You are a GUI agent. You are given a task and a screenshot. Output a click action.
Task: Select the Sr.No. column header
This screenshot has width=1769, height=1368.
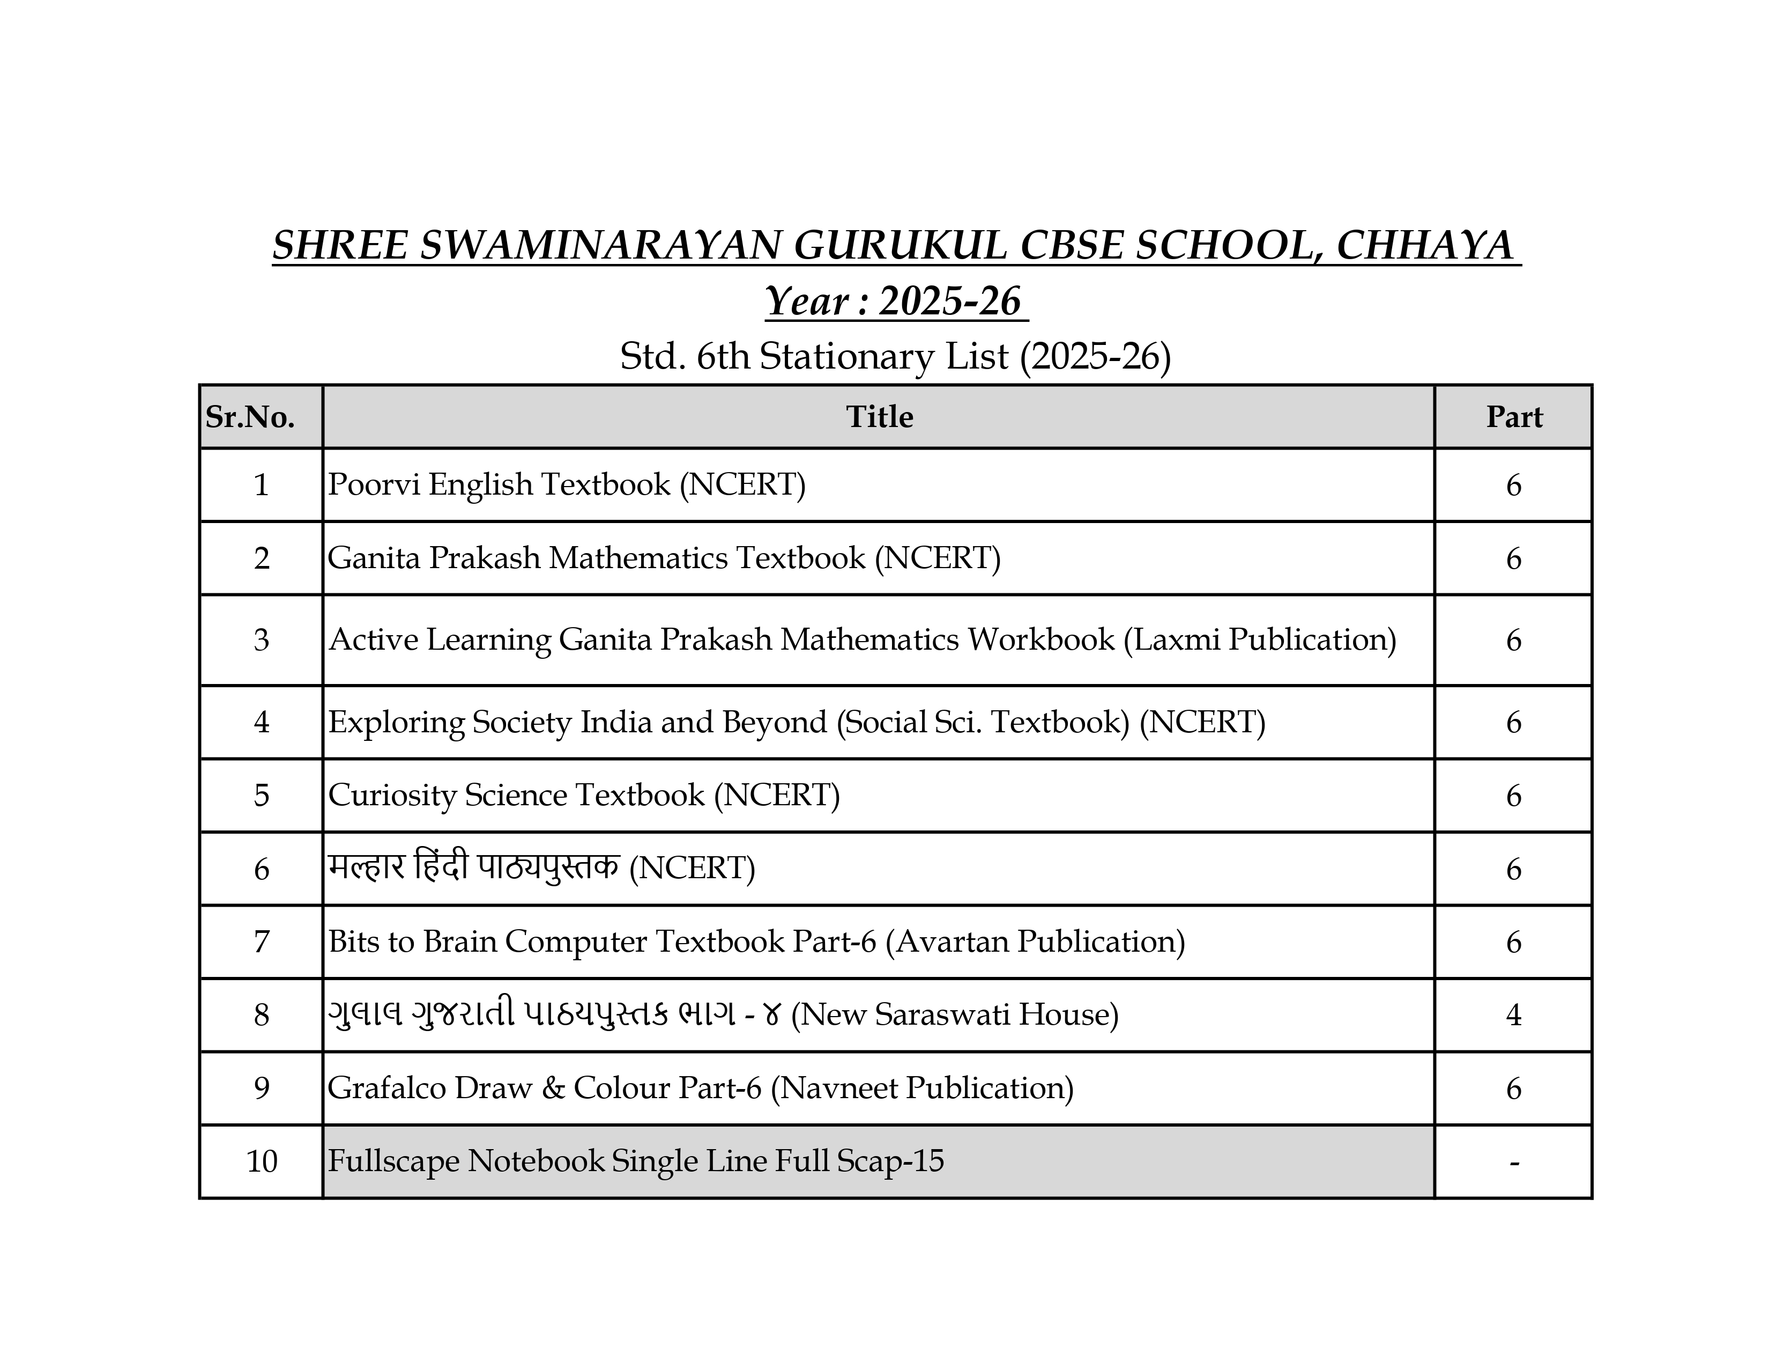250,416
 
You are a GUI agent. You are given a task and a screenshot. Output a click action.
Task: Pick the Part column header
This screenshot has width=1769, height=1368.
1513,416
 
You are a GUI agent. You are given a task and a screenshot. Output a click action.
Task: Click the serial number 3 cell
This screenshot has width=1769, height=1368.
261,640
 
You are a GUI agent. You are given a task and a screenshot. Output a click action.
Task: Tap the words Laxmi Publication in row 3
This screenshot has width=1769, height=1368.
1260,639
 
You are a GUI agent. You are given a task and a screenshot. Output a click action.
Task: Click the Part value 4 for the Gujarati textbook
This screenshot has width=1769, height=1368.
1513,1014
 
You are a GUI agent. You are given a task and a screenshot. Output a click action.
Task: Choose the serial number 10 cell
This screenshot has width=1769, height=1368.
261,1161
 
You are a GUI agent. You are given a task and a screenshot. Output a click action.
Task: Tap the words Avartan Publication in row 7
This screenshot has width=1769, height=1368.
1035,942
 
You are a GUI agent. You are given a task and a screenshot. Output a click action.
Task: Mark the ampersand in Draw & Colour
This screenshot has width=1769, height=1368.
553,1087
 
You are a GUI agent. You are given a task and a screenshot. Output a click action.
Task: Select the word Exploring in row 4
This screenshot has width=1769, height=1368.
395,722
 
